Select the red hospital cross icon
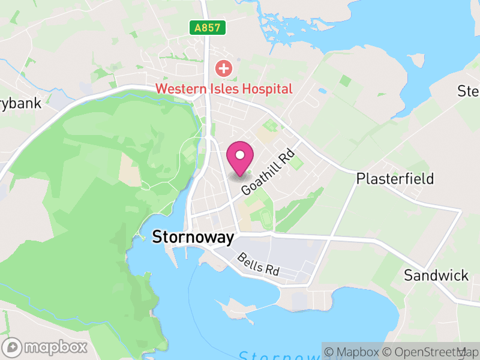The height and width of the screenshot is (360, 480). tap(224, 68)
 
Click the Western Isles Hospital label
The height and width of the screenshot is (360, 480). tap(224, 89)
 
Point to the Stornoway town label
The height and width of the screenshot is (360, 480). tap(193, 237)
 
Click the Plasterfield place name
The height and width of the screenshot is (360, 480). tap(395, 179)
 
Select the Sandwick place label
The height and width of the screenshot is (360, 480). tap(436, 275)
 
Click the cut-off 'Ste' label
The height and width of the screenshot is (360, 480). tap(469, 91)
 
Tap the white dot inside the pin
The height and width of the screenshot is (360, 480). tap(241, 155)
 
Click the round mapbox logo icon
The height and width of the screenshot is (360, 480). tap(13, 347)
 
